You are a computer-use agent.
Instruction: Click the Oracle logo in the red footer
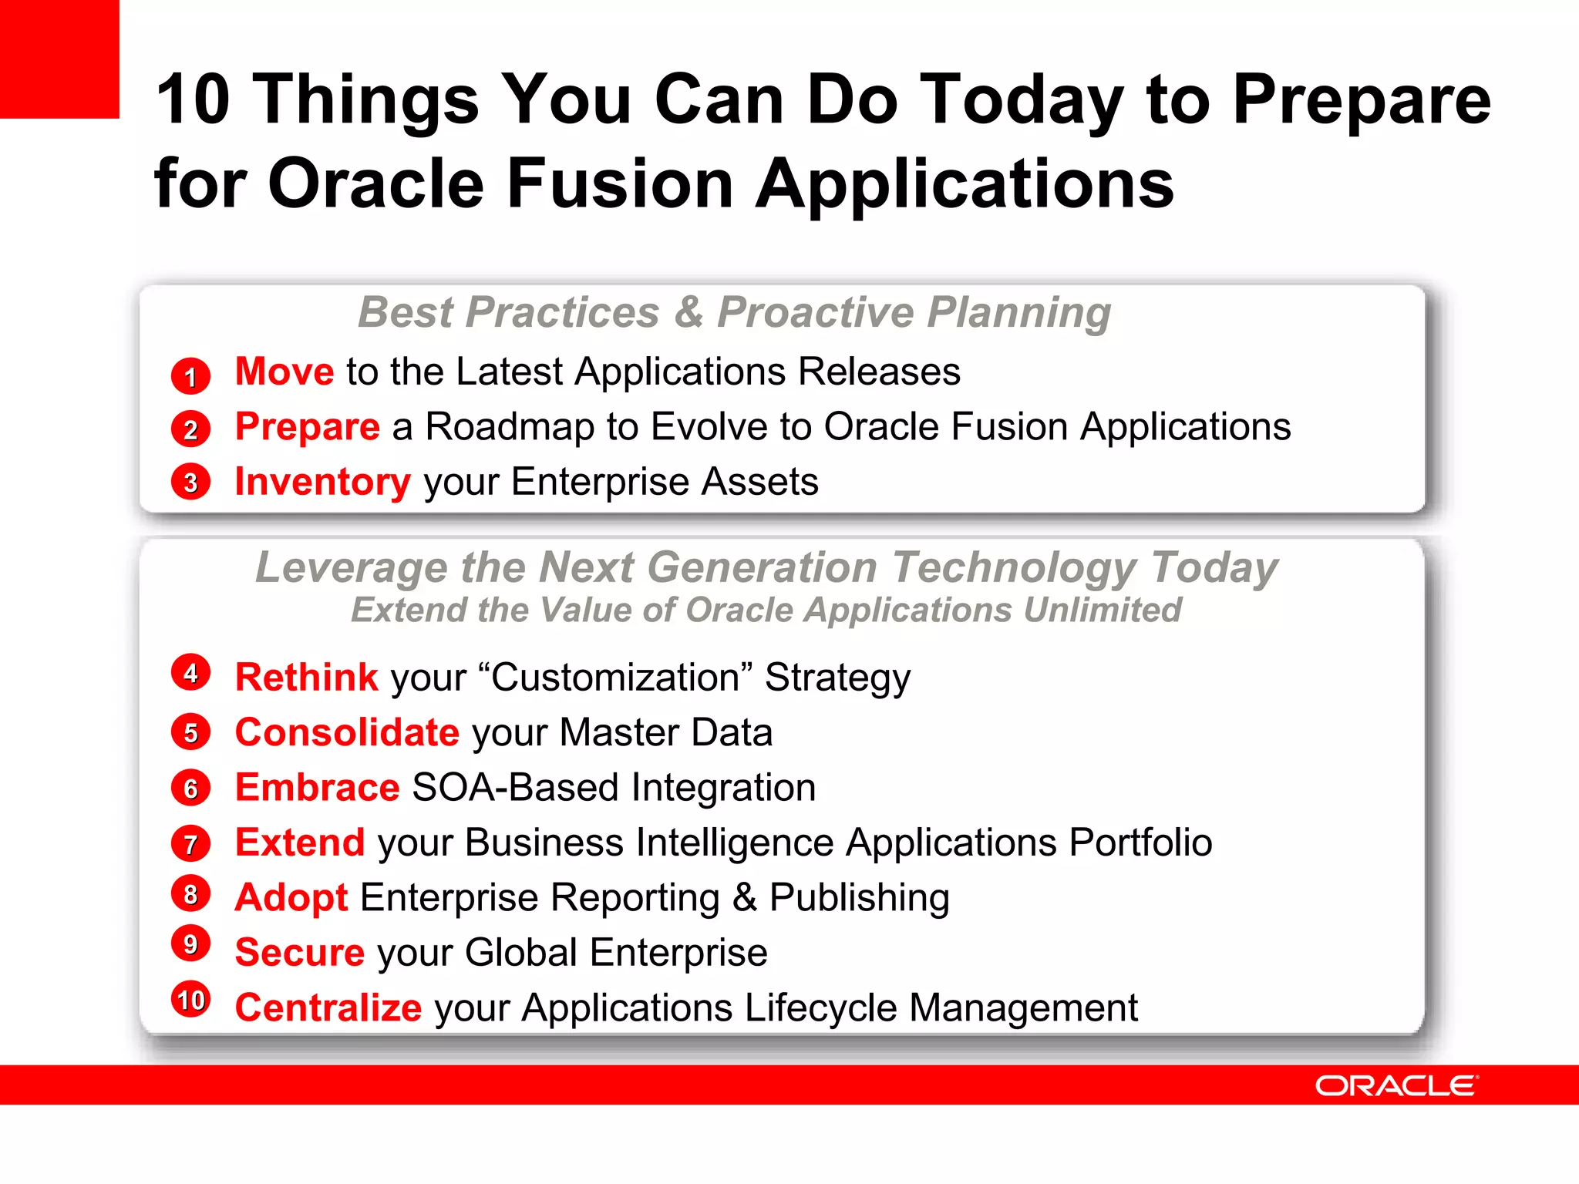click(1396, 1085)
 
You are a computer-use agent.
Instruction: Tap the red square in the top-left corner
click(59, 59)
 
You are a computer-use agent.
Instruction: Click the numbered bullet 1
click(190, 376)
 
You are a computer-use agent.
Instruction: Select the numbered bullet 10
click(190, 1000)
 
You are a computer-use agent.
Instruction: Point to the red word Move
click(284, 372)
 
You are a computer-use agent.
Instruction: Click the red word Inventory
click(322, 482)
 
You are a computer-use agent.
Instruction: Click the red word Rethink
click(306, 678)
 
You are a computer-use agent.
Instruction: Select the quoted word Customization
click(616, 678)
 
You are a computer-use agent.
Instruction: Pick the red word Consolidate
click(347, 732)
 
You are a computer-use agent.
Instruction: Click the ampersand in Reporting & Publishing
click(744, 898)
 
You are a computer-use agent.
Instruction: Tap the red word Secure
click(299, 953)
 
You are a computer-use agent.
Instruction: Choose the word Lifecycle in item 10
click(820, 1008)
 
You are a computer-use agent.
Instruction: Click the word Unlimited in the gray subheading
click(1103, 610)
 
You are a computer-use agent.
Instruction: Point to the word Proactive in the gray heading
click(816, 313)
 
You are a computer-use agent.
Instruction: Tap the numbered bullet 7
click(190, 844)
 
